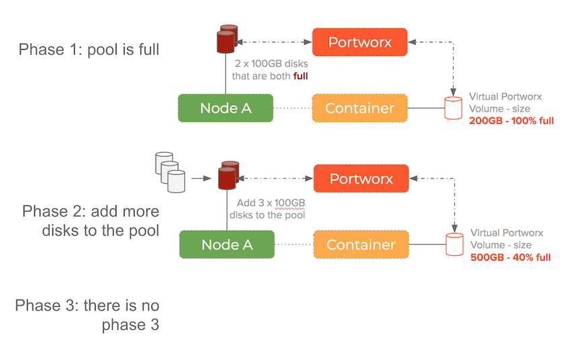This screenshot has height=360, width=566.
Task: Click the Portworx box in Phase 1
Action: click(x=359, y=42)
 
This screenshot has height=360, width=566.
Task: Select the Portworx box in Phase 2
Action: click(x=361, y=179)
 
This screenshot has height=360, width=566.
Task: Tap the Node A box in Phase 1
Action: click(x=225, y=108)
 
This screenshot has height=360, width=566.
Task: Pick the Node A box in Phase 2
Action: click(x=226, y=245)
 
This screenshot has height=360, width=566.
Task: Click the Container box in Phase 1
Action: click(x=359, y=108)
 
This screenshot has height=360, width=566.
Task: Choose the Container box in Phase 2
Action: click(x=361, y=245)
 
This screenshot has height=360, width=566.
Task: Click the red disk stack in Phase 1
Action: click(x=225, y=40)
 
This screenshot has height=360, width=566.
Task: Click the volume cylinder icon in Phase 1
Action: click(x=454, y=108)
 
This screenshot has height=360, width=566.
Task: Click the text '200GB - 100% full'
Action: click(x=510, y=121)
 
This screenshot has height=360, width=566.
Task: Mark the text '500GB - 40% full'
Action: click(x=510, y=257)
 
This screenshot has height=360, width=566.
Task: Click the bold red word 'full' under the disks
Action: click(x=300, y=76)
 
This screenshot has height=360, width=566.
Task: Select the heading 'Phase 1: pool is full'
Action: click(x=89, y=49)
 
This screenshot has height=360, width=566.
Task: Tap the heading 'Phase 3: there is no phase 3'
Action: click(x=87, y=316)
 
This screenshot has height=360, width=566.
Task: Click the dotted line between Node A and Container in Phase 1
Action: click(x=292, y=108)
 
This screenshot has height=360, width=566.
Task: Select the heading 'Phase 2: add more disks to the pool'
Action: click(x=90, y=221)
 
